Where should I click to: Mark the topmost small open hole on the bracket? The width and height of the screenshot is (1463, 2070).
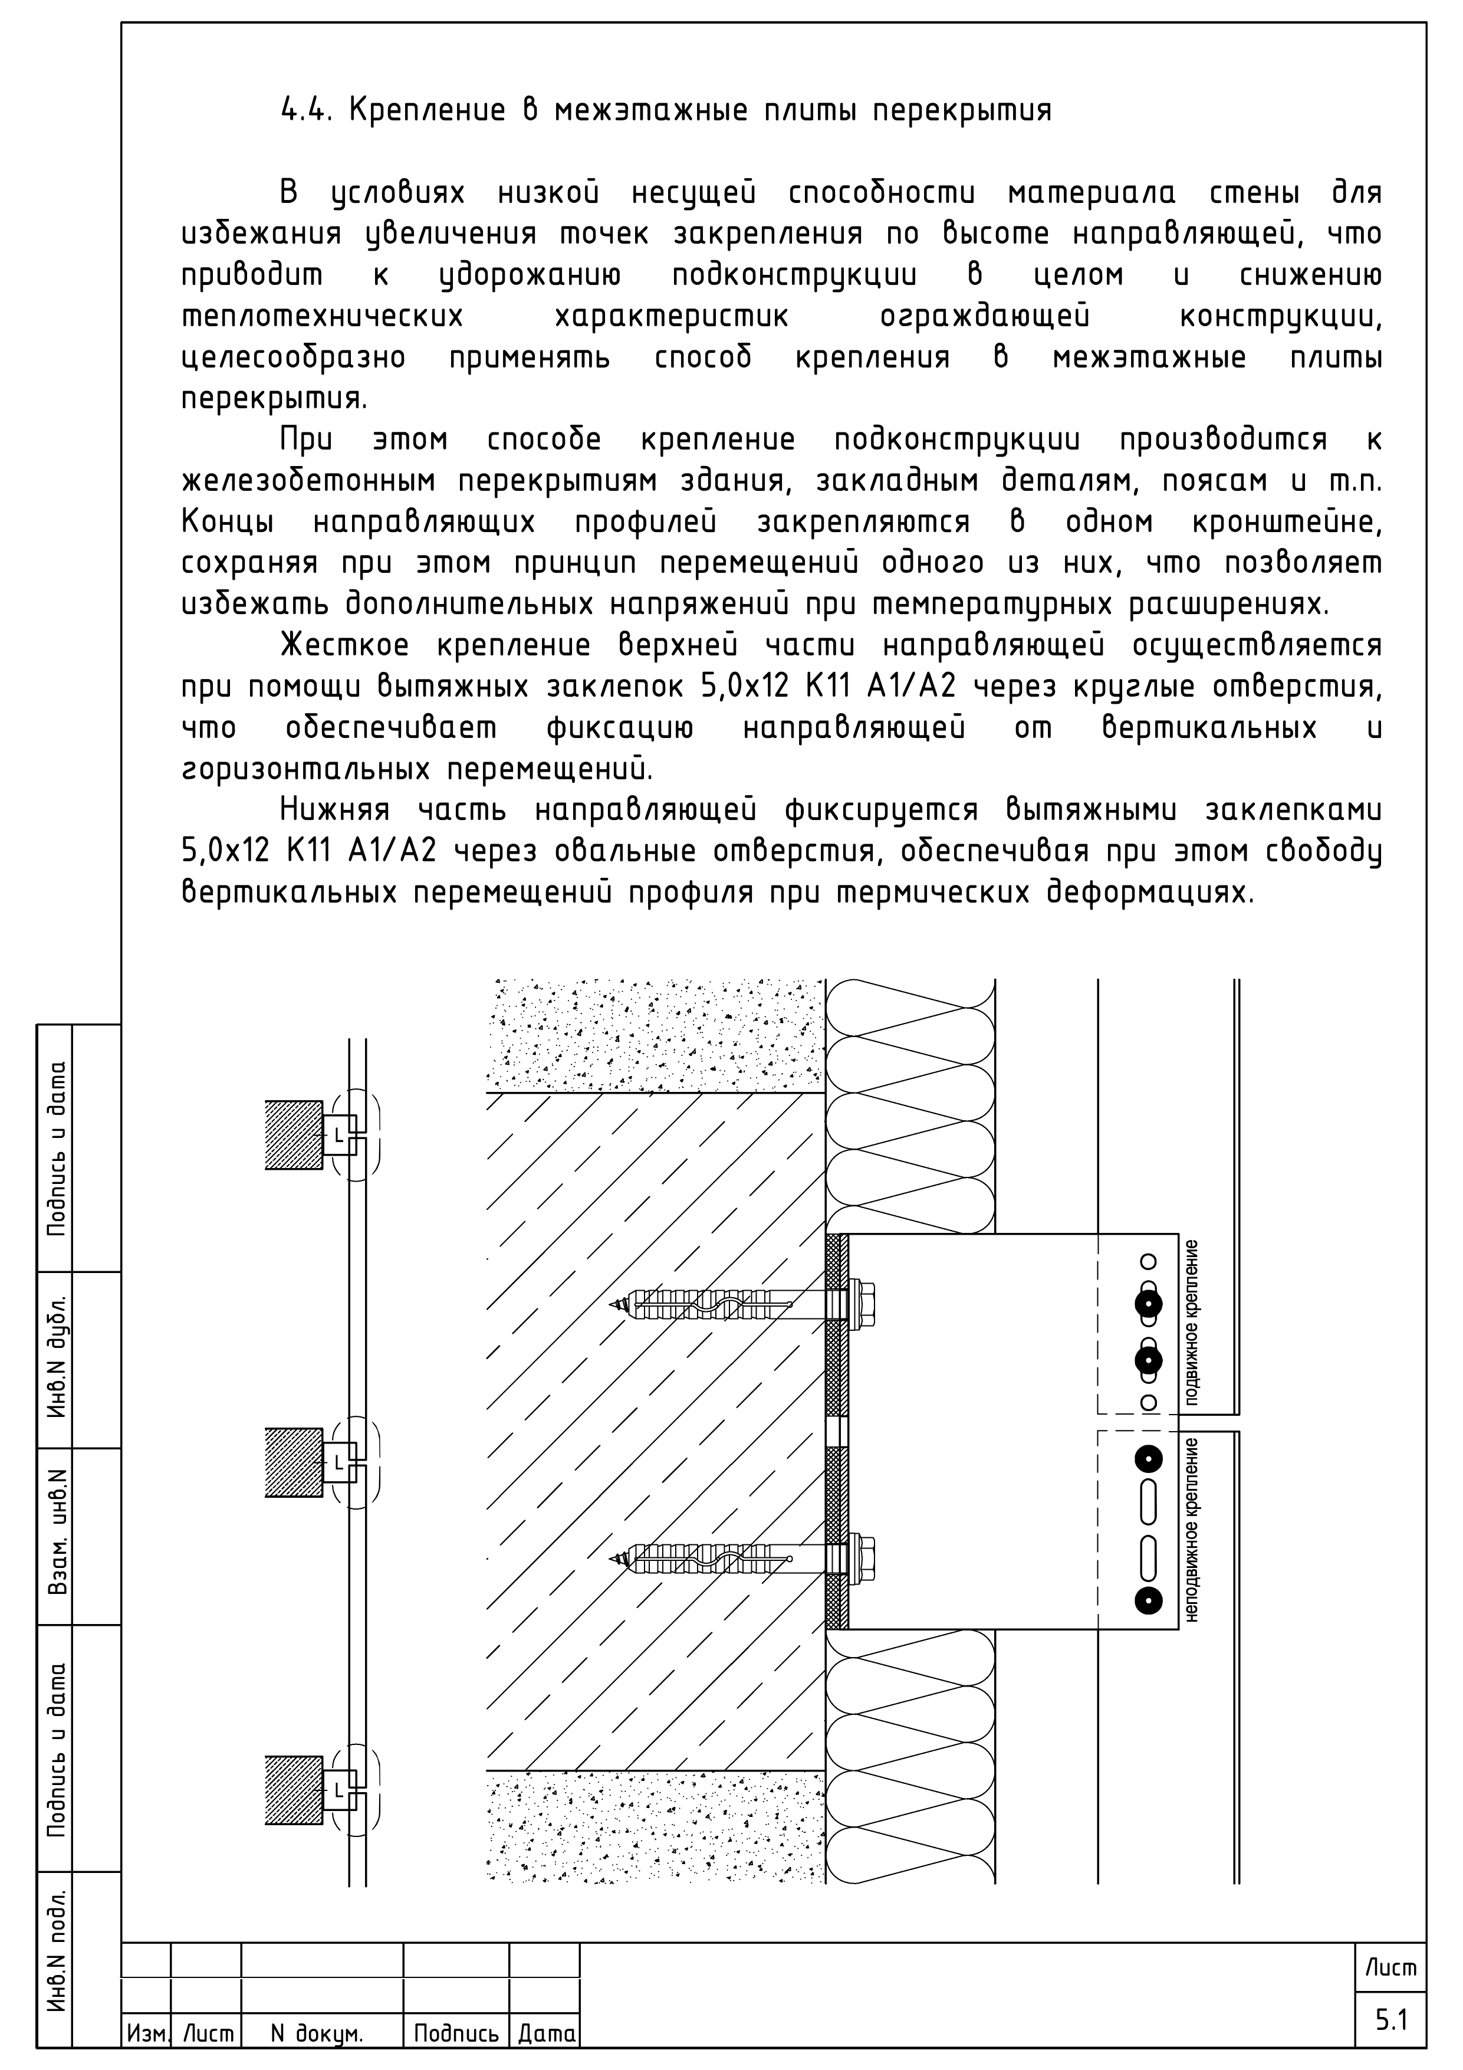click(x=1149, y=1261)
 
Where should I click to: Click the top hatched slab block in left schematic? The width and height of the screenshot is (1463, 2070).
click(x=294, y=1135)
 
